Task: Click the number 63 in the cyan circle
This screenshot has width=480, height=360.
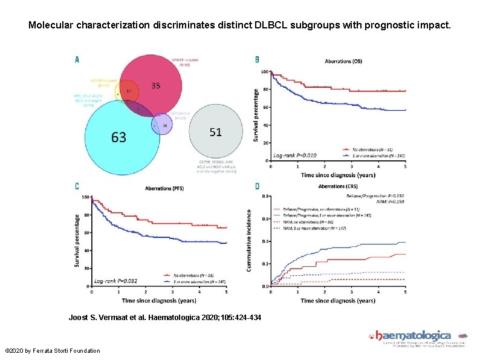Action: pyautogui.click(x=118, y=137)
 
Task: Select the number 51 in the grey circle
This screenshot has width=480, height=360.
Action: pyautogui.click(x=215, y=131)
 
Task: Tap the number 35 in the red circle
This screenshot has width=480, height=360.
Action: pyautogui.click(x=155, y=86)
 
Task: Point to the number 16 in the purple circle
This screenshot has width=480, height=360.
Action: pyautogui.click(x=164, y=125)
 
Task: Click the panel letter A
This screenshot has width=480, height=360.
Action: pyautogui.click(x=77, y=59)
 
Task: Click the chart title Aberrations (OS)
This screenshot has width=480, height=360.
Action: pyautogui.click(x=343, y=61)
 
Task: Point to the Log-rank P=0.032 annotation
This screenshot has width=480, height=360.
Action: pyautogui.click(x=117, y=281)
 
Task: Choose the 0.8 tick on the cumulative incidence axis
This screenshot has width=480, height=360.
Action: pyautogui.click(x=265, y=196)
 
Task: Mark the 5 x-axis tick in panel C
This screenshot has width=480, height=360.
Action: pyautogui.click(x=227, y=292)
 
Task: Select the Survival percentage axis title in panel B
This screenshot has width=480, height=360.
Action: pyautogui.click(x=256, y=116)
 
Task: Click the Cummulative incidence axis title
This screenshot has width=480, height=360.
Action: pyautogui.click(x=249, y=240)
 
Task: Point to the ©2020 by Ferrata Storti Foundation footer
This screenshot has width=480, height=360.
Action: pyautogui.click(x=52, y=351)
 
